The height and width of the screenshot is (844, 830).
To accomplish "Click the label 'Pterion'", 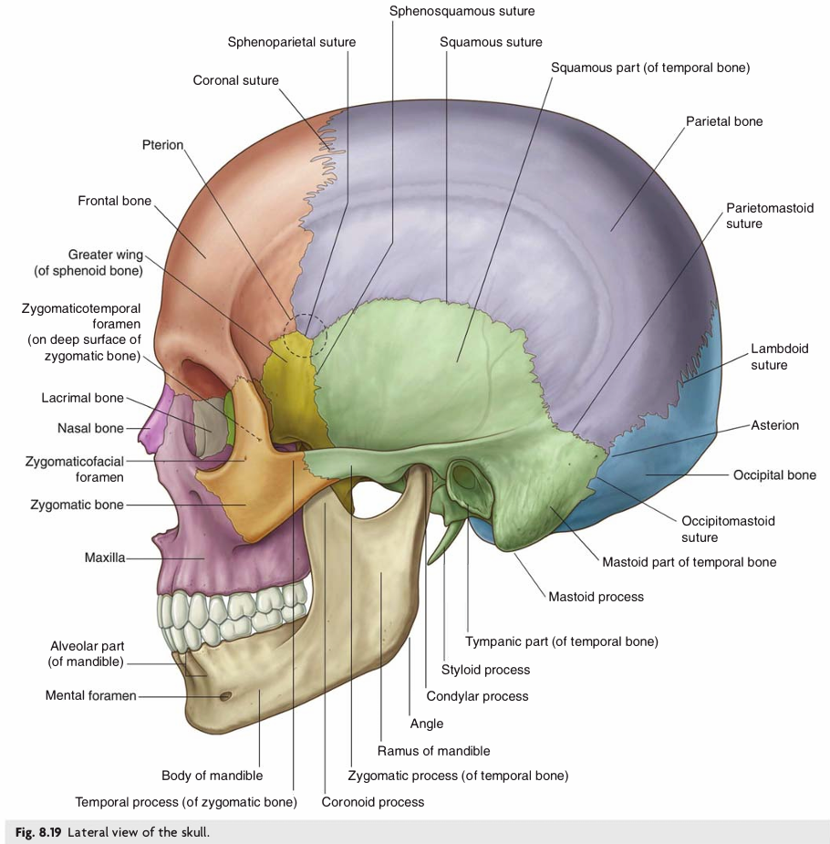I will pos(162,145).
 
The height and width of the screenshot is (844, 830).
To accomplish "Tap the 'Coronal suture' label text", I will pos(235,80).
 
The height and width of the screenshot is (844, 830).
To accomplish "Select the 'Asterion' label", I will pos(774,425).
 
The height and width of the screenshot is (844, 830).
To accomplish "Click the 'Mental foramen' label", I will pos(90,696).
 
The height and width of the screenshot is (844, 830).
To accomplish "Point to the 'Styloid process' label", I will pos(485,670).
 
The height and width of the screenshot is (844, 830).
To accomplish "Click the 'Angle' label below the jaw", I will pos(427,724).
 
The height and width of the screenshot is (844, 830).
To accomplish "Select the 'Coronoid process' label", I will pos(373,802).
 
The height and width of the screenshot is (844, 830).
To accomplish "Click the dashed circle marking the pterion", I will pos(305,335).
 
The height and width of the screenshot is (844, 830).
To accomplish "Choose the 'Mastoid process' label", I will pos(596,597).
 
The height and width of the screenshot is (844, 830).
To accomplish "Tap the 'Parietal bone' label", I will pos(724,121).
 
